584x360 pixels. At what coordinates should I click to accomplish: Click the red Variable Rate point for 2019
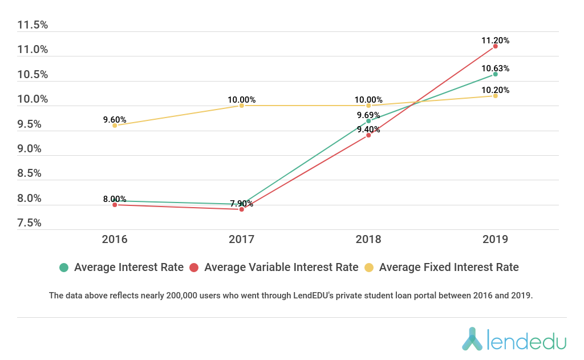pos(496,46)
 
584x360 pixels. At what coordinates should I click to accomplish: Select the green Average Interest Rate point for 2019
pos(496,74)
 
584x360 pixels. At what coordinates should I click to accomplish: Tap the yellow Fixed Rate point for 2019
pos(496,96)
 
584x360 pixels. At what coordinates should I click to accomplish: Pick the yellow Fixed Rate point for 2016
pos(115,126)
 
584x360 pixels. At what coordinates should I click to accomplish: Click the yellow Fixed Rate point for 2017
pos(242,106)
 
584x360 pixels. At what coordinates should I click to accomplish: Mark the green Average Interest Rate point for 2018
pos(368,121)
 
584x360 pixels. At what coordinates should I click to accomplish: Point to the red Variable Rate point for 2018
pos(368,135)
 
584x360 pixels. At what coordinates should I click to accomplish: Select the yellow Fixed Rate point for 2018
pos(368,106)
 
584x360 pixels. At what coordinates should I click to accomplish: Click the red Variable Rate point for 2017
pos(242,209)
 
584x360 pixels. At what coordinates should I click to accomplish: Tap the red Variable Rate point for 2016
pos(115,205)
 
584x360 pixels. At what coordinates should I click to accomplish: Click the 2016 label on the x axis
pos(115,238)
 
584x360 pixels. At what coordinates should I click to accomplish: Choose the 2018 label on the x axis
pos(368,238)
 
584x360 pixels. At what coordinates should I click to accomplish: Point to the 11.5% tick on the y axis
pos(33,25)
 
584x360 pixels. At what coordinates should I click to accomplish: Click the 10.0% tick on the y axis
pos(33,99)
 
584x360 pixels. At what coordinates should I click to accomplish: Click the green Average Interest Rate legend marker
pos(64,267)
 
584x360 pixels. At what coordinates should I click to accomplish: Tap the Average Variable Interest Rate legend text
pos(281,267)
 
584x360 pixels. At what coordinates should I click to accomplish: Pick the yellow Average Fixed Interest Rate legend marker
pos(369,267)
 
